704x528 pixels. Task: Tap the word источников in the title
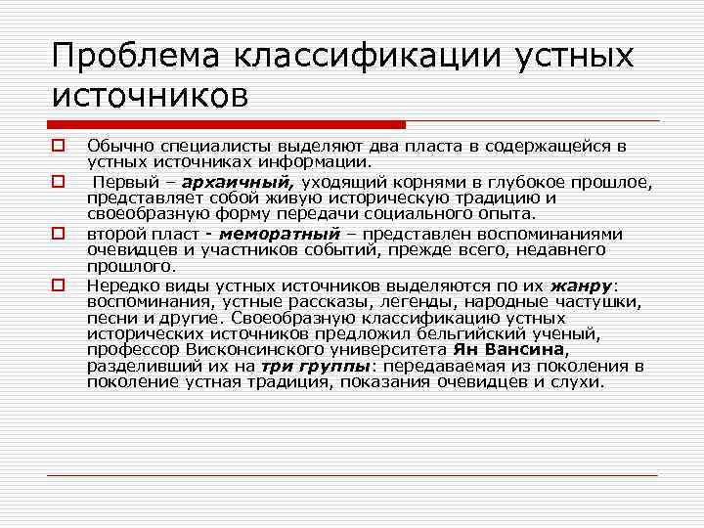click(151, 96)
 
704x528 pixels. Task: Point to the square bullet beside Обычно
click(59, 147)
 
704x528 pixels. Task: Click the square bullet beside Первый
click(59, 182)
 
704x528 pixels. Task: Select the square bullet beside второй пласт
click(59, 235)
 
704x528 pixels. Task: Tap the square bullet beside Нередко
click(59, 286)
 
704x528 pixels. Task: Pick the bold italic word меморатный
click(280, 235)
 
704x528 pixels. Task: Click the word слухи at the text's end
click(577, 381)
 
